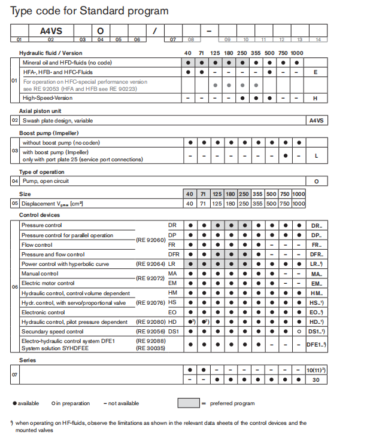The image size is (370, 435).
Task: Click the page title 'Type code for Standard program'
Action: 89,11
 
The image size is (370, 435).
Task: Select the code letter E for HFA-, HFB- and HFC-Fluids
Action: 315,72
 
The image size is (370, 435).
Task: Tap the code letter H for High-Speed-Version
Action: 315,97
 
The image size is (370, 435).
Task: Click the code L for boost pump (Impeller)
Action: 315,155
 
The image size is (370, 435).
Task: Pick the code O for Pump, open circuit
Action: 316,181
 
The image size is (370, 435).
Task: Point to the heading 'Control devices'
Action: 40,215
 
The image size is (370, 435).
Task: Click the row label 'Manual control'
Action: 40,273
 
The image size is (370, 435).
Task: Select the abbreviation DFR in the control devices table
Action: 174,255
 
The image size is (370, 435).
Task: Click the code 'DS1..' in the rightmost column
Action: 316,332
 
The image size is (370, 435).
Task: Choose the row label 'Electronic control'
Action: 43,312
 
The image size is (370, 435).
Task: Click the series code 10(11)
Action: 316,370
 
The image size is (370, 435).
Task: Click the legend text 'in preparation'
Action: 74,403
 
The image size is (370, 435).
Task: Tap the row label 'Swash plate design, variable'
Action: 57,120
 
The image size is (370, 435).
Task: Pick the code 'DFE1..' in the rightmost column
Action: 316,344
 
